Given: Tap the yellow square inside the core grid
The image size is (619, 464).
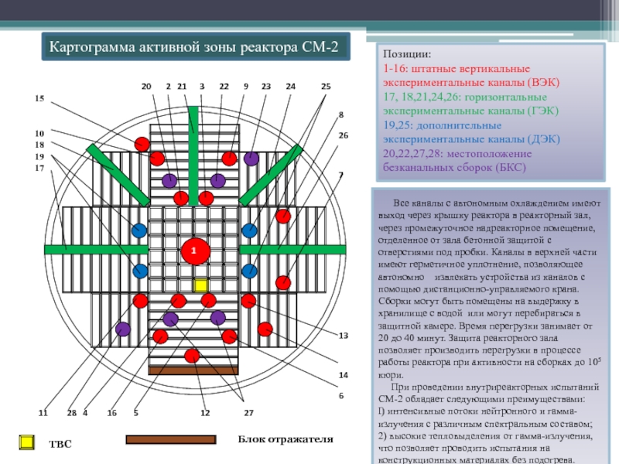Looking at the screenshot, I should [200, 285].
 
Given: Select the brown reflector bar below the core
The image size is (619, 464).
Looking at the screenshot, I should [193, 371].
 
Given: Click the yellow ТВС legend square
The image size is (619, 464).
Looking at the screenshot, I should [26, 442].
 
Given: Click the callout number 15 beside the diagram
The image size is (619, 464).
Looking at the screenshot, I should [39, 98].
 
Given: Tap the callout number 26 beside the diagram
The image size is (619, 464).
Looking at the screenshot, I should [344, 135].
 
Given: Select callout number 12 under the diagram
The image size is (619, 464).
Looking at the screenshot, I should [205, 413].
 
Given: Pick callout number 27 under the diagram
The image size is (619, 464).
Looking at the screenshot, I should [248, 413].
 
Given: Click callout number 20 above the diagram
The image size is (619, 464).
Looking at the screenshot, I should [145, 86].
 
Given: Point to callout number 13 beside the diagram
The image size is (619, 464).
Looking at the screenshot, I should [344, 335].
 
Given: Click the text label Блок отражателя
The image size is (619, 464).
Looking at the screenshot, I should [286, 439].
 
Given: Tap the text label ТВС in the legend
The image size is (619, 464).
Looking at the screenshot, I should [60, 445].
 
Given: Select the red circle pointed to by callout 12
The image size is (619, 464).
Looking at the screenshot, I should [193, 356].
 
